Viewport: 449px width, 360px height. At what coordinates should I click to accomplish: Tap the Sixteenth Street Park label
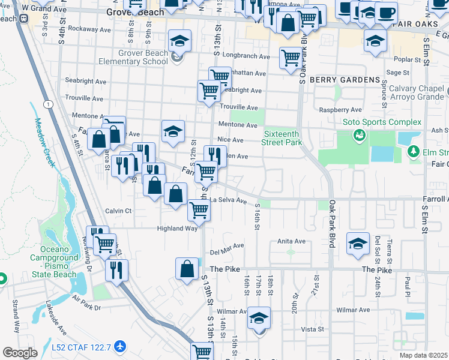coord(282,138)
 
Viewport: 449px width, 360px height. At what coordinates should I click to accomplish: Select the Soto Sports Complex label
coord(382,122)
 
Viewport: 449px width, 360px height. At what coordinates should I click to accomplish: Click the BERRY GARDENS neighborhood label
coord(345,79)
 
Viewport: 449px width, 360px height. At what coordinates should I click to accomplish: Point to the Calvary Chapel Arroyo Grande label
coord(414,92)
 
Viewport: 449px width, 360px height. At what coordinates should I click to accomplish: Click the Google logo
coord(20,353)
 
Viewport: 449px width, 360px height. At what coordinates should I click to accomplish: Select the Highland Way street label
coord(177,229)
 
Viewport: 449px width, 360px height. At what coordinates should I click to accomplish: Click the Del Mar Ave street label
coord(226,246)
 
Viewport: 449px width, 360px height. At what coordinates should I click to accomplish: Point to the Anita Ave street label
coord(291,241)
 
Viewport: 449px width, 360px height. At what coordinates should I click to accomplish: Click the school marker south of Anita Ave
coord(358,244)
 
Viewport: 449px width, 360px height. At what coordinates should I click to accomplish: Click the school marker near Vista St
coord(259,318)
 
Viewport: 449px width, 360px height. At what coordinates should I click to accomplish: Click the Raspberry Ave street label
coord(340,110)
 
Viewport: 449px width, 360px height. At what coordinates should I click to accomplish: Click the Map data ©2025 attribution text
coord(423,355)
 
